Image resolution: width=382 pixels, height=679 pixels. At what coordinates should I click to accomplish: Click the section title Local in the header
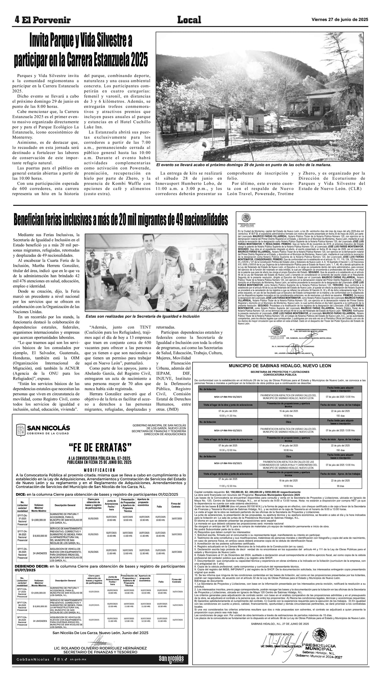pyautogui.click(x=189, y=20)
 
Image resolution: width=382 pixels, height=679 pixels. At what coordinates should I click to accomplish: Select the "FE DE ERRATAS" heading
pyautogui.click(x=100, y=447)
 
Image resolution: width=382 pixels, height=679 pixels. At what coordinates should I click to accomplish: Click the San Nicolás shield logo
pyautogui.click(x=21, y=430)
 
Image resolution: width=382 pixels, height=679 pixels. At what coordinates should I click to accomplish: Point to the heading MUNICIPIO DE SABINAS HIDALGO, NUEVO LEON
pyautogui.click(x=280, y=366)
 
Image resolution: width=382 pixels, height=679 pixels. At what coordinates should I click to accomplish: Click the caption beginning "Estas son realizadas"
pyautogui.click(x=142, y=316)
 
